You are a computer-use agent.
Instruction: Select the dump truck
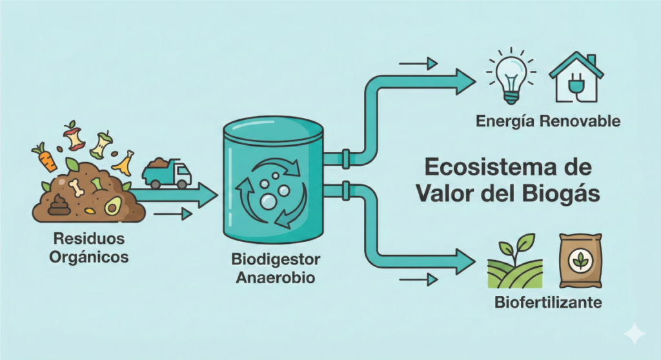[x=167, y=172]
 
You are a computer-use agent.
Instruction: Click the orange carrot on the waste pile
[x=45, y=157]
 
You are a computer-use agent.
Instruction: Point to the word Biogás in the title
[x=564, y=193]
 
